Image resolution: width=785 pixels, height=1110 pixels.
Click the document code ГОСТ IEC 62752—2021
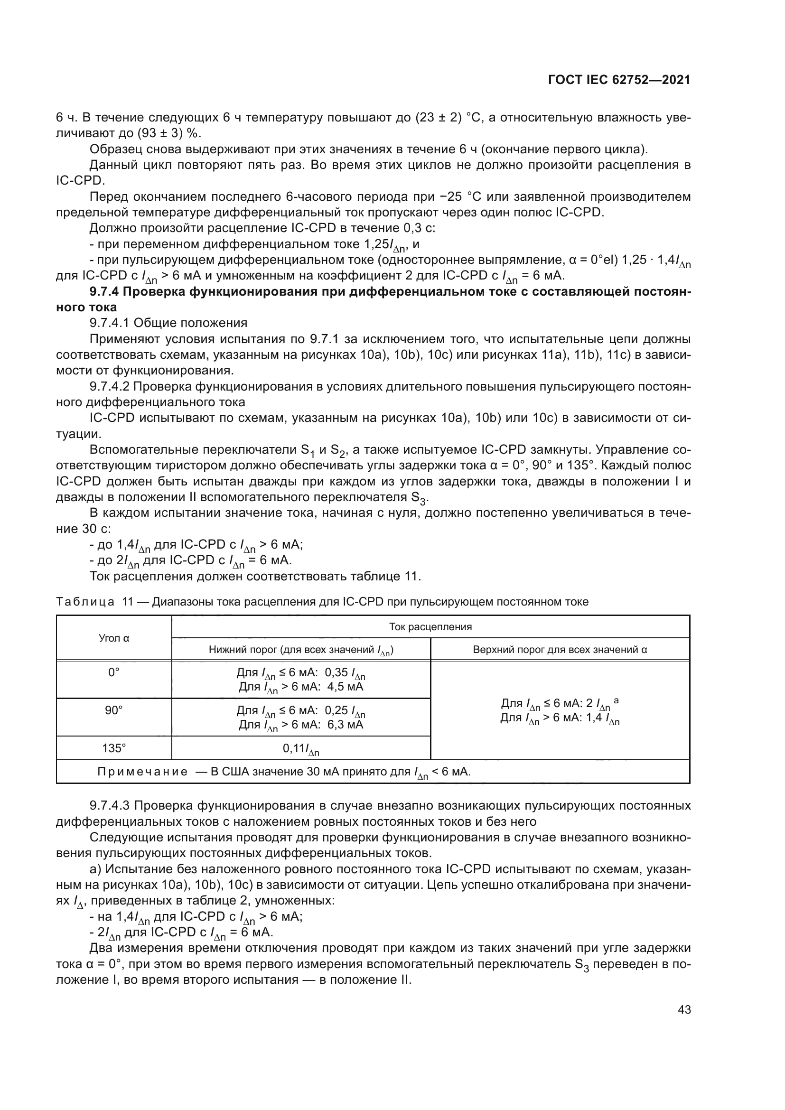(x=619, y=80)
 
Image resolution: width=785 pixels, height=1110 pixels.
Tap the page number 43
(x=684, y=1009)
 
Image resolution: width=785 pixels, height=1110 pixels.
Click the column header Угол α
(x=114, y=638)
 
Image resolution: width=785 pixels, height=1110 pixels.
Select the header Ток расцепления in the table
(x=430, y=627)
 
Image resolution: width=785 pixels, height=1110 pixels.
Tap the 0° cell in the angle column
(x=114, y=672)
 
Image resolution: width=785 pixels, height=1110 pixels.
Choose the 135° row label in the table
(x=114, y=748)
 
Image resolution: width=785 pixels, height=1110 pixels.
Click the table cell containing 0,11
(x=300, y=749)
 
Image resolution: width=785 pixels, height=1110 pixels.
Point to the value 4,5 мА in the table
(x=345, y=687)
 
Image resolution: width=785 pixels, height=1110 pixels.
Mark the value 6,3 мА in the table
(x=345, y=724)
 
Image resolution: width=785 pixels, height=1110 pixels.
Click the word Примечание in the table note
(x=142, y=772)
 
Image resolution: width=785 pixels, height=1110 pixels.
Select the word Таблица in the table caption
(x=85, y=602)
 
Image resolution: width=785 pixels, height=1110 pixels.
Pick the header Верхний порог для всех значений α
(x=560, y=650)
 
